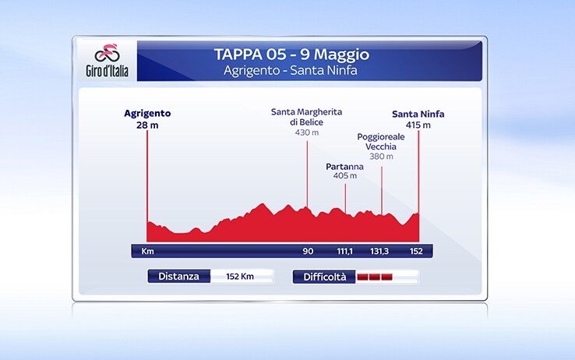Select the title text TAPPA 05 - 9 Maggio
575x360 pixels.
coord(291,55)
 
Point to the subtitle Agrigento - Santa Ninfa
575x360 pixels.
coord(291,70)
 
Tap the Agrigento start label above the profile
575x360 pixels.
coord(147,113)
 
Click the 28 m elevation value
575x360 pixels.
coord(147,125)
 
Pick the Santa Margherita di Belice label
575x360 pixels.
coord(306,117)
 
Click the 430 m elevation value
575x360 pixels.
coord(307,132)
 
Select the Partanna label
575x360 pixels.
coord(344,167)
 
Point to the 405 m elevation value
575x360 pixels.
coord(344,175)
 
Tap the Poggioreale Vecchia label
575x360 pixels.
coord(381,142)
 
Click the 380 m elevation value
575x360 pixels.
coord(381,157)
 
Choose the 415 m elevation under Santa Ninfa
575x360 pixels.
coord(418,125)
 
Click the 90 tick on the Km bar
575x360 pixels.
coord(308,251)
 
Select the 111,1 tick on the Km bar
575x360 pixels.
coord(344,251)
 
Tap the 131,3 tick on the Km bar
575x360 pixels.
coord(379,251)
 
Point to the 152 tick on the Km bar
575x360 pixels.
coord(416,251)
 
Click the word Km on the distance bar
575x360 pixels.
coord(148,251)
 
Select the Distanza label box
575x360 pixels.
coord(179,277)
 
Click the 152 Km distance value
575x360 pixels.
coord(240,277)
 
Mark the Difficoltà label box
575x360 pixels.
coord(324,277)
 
